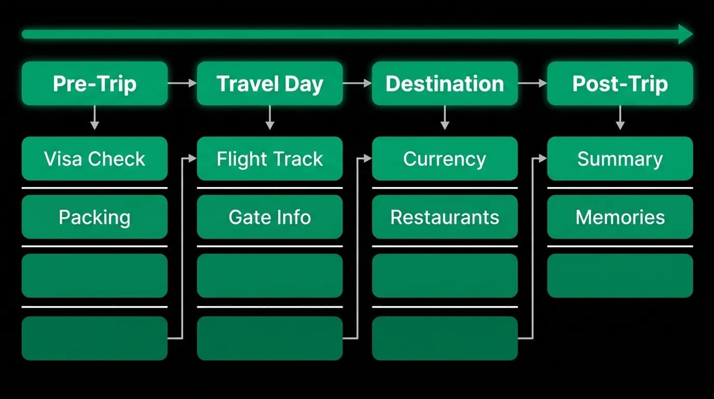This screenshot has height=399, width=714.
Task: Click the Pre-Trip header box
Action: [94, 83]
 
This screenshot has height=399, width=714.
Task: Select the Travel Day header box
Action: [270, 83]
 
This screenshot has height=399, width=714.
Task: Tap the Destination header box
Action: [445, 83]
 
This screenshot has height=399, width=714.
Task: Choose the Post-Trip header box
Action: [620, 83]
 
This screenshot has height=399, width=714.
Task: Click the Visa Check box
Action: [94, 158]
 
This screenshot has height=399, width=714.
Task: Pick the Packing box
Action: [94, 217]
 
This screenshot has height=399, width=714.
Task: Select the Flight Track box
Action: [270, 158]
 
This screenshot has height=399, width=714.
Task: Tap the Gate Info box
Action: [270, 217]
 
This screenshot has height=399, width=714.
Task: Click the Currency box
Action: [445, 158]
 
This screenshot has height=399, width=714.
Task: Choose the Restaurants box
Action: [445, 217]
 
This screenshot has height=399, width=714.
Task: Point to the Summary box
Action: [620, 158]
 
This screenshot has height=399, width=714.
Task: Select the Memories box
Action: [620, 217]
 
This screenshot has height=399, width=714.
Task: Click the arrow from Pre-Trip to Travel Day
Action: [182, 83]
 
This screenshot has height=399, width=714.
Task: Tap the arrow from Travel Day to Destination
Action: [358, 83]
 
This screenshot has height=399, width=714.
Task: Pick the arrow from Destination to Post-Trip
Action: [532, 83]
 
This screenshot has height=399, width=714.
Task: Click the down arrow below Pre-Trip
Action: [94, 117]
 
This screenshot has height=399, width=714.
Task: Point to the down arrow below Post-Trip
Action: [620, 117]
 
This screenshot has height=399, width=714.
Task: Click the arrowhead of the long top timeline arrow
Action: [685, 34]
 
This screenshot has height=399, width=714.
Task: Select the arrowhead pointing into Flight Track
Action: [193, 158]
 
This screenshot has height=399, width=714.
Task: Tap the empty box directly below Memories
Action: [620, 276]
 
